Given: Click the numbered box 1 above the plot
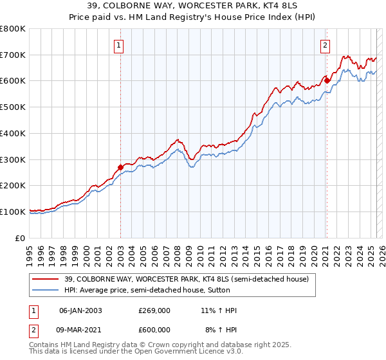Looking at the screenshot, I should coord(120,45).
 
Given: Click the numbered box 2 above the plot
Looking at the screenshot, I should coord(326,45).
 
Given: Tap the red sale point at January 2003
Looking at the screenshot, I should coord(120,167).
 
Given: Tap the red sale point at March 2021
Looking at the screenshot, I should coord(326,80).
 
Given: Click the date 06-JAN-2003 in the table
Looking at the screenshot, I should coord(80,310).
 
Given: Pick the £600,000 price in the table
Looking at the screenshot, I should coord(154,330).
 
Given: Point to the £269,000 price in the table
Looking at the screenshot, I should coord(154,310).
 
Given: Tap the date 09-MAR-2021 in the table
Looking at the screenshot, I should coord(80,330).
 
